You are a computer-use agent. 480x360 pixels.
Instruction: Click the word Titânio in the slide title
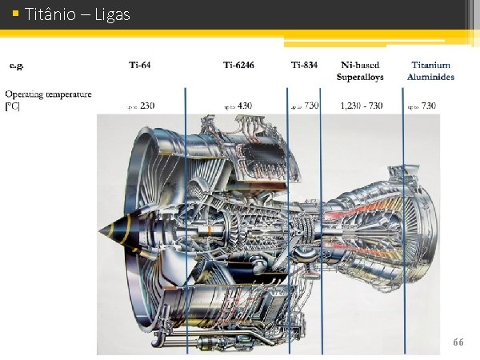[50, 14]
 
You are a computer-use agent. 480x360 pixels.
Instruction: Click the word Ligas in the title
[112, 14]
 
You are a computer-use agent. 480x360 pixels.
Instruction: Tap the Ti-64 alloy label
[140, 65]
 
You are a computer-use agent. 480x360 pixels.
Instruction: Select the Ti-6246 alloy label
[238, 65]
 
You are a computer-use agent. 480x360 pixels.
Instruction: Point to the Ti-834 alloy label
[305, 65]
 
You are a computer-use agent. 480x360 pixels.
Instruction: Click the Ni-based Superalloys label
[361, 71]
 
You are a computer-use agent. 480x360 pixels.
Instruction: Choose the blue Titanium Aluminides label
[430, 71]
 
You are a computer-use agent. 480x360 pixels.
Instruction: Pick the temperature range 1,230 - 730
[361, 106]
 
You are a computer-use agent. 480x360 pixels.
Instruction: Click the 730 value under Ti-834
[311, 106]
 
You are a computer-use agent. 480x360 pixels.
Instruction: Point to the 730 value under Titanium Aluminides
[428, 106]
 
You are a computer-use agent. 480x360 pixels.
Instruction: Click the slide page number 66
[458, 342]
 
